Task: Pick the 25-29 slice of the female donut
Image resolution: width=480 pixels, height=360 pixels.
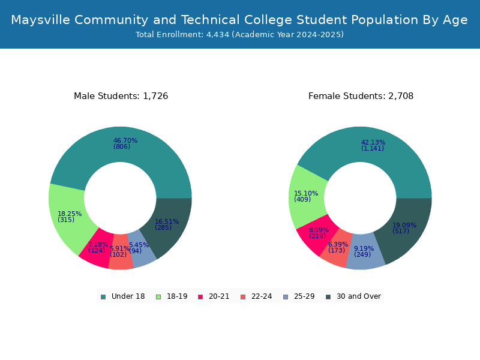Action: click(x=364, y=253)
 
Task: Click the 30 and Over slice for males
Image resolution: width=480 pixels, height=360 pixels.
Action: click(x=169, y=226)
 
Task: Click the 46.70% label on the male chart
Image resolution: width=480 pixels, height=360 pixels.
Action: click(x=125, y=140)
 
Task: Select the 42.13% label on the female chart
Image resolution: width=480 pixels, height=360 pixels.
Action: click(x=373, y=142)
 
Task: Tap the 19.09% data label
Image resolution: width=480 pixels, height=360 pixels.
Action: click(x=404, y=226)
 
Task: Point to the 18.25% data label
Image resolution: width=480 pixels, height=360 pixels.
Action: click(x=70, y=214)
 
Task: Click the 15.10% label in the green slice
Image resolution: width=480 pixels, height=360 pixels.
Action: click(x=306, y=193)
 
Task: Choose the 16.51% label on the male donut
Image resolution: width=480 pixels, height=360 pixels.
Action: click(x=167, y=221)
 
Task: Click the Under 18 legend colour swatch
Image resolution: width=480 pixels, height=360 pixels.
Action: click(x=103, y=297)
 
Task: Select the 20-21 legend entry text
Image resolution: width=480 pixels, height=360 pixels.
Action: click(x=219, y=296)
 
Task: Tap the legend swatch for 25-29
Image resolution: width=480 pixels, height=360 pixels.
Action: click(x=286, y=297)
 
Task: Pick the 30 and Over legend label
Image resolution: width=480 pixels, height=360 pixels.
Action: click(x=359, y=296)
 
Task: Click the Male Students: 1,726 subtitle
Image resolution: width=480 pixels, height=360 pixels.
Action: click(x=121, y=96)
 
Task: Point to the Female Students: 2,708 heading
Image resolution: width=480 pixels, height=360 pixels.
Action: click(x=361, y=96)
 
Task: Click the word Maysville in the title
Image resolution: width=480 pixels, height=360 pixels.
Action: click(x=41, y=20)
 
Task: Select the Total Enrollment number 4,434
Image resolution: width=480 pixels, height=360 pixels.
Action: click(x=218, y=35)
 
